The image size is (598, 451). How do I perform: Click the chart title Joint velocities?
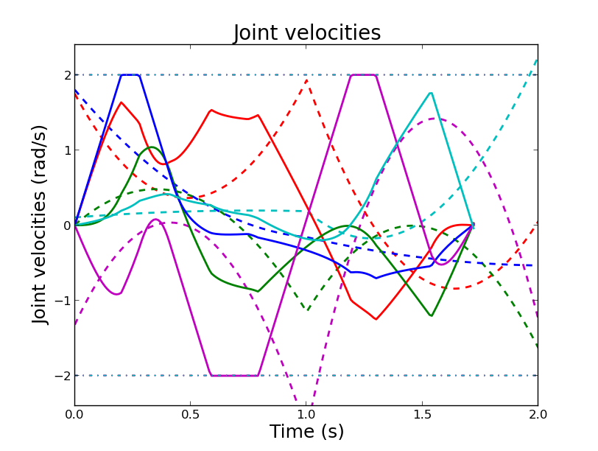tap(307, 33)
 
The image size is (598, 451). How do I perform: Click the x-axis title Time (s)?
tap(306, 432)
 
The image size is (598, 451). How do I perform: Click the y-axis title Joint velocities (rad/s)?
tap(41, 225)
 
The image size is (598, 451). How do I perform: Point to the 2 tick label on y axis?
tap(66, 75)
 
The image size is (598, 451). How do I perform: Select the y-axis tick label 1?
tap(66, 150)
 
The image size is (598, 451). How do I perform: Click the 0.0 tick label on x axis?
tap(74, 415)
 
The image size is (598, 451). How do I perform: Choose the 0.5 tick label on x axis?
tap(190, 415)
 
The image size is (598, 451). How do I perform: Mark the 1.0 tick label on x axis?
tap(306, 415)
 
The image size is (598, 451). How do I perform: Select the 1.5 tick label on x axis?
tap(422, 415)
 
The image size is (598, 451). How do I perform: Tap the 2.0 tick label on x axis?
tap(538, 415)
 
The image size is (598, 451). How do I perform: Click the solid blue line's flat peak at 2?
tap(130, 75)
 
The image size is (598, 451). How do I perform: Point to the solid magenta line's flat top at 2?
tap(364, 75)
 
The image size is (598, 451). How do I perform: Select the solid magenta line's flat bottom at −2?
tap(234, 375)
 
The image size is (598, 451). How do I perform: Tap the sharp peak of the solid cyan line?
tap(431, 93)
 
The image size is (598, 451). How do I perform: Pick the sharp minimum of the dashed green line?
tap(307, 310)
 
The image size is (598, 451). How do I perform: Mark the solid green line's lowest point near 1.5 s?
tap(432, 315)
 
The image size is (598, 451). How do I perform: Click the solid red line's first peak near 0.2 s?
tap(122, 102)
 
